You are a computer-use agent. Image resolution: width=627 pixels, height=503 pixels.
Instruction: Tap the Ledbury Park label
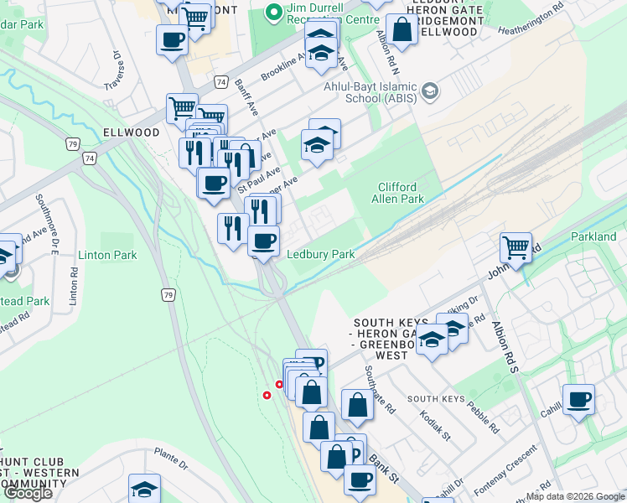(x=321, y=254)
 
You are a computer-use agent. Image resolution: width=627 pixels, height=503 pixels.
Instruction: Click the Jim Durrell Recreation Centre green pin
(x=272, y=13)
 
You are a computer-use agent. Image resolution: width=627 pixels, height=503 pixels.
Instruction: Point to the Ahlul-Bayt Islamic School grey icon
(x=430, y=91)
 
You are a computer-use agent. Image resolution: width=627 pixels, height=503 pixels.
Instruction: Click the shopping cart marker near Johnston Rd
(x=516, y=248)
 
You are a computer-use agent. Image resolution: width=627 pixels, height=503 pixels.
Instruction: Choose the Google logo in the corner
(x=28, y=493)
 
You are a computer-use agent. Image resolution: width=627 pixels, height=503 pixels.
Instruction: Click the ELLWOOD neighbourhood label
(x=131, y=132)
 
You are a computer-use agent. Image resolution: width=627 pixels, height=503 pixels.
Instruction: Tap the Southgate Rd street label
(x=379, y=390)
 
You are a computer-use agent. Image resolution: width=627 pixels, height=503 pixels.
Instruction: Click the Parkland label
(x=593, y=237)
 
